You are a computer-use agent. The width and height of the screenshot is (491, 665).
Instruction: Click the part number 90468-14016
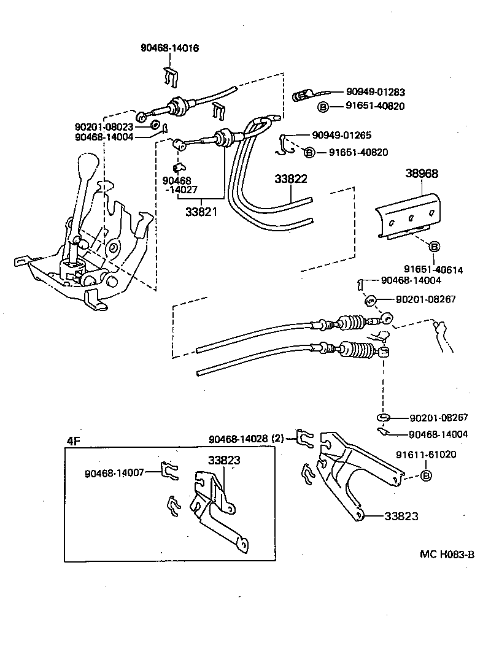(169, 47)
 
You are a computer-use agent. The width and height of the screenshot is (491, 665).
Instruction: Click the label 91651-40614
(433, 269)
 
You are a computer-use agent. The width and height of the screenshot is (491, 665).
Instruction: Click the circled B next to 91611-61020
(427, 475)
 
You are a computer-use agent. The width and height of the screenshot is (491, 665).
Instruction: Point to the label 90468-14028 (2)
(247, 439)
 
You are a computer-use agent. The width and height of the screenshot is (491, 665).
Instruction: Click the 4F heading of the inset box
(73, 440)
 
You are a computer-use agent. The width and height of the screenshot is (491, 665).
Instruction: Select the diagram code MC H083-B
(447, 555)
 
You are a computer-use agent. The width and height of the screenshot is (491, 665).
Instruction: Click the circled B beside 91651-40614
(434, 247)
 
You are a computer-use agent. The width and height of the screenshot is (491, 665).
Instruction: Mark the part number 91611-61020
(425, 455)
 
